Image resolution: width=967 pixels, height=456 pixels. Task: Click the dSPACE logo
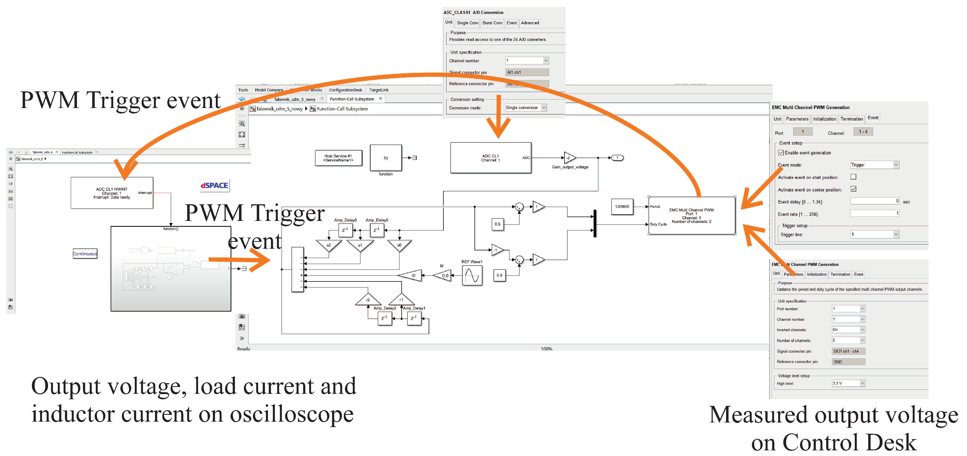pos(214,185)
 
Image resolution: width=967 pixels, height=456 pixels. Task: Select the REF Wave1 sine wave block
pos(472,276)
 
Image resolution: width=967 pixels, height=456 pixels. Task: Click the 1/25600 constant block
pos(622,206)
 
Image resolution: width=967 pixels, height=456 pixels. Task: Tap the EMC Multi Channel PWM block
pos(691,215)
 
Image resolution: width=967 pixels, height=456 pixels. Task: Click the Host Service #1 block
pos(338,158)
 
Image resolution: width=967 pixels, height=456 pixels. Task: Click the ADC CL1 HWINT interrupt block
pos(112,193)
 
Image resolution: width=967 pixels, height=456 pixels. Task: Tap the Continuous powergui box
pos(85,254)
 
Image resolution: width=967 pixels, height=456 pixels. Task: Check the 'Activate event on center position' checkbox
pos(853,189)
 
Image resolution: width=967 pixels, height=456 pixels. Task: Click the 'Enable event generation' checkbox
pos(781,153)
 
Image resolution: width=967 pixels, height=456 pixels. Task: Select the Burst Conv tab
pos(492,23)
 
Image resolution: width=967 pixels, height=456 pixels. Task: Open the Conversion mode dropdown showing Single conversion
pos(526,108)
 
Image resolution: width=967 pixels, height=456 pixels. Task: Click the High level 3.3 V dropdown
pos(848,383)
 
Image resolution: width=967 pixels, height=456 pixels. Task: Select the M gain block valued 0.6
pos(443,275)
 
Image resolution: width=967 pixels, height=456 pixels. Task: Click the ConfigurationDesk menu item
pos(345,90)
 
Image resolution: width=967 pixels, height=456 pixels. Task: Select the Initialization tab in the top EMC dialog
pos(824,119)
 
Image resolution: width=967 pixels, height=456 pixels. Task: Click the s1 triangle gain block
pos(360,245)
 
